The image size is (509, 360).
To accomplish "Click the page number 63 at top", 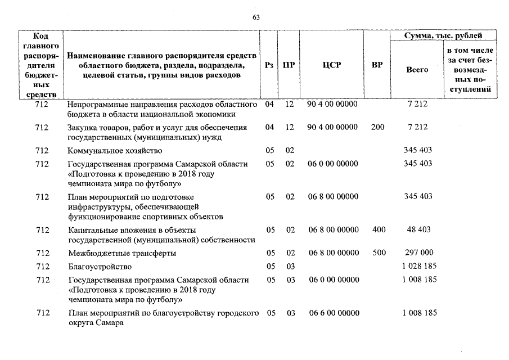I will [x=256, y=17].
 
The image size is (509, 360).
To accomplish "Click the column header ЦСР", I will [x=332, y=65].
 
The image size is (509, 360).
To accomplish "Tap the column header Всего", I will [x=417, y=70].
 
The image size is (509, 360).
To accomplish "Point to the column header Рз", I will [x=269, y=65].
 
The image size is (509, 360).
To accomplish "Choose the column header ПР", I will [x=289, y=65].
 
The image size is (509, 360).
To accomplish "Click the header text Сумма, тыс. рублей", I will [x=443, y=36].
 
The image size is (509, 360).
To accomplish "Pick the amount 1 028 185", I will [x=420, y=266].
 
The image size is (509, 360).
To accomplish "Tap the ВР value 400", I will [x=379, y=229].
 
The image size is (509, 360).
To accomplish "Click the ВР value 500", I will [x=379, y=253].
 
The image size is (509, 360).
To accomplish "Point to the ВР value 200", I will [x=378, y=127].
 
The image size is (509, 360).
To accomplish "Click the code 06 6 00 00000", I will [x=333, y=313].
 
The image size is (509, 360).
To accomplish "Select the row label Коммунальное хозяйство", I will [x=115, y=151].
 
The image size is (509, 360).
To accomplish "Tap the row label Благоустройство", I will [x=100, y=266].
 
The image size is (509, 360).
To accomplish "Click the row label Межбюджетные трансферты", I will [x=122, y=253].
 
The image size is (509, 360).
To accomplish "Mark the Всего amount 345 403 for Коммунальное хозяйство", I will [x=418, y=151].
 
